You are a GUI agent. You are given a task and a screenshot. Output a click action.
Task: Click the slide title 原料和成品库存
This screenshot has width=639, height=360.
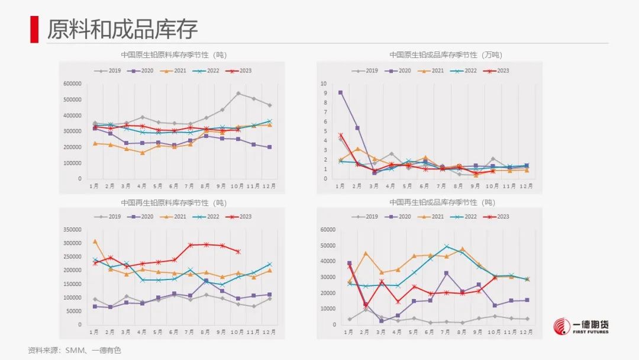coord(122,28)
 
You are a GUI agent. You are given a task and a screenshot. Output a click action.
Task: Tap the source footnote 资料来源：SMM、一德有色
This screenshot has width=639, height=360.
coord(74,351)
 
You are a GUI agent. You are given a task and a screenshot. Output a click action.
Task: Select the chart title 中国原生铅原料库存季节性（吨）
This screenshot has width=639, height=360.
coord(174,55)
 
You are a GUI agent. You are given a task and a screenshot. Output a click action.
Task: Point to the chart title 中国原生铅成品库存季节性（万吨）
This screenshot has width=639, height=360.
coord(446,55)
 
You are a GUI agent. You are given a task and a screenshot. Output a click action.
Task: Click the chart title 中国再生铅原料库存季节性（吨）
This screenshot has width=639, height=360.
coord(174,202)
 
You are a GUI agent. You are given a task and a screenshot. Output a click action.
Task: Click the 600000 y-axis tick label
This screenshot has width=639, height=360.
coord(72,84)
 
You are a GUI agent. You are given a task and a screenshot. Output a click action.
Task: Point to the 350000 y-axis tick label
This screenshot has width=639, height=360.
coord(72,230)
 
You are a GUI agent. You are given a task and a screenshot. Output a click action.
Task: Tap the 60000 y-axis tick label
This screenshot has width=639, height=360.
coord(328,230)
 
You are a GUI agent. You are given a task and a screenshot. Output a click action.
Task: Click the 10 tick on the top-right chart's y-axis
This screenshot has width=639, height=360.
coord(324,84)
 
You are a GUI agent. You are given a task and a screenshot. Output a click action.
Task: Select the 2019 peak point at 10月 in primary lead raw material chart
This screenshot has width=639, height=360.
coord(238,94)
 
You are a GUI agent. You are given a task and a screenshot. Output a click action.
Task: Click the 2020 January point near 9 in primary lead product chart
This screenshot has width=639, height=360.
coord(340,93)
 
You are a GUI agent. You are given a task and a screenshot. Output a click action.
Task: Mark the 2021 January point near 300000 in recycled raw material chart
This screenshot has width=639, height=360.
coord(95,242)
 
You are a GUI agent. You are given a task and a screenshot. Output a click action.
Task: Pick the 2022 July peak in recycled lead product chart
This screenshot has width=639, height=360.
coord(447,246)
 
